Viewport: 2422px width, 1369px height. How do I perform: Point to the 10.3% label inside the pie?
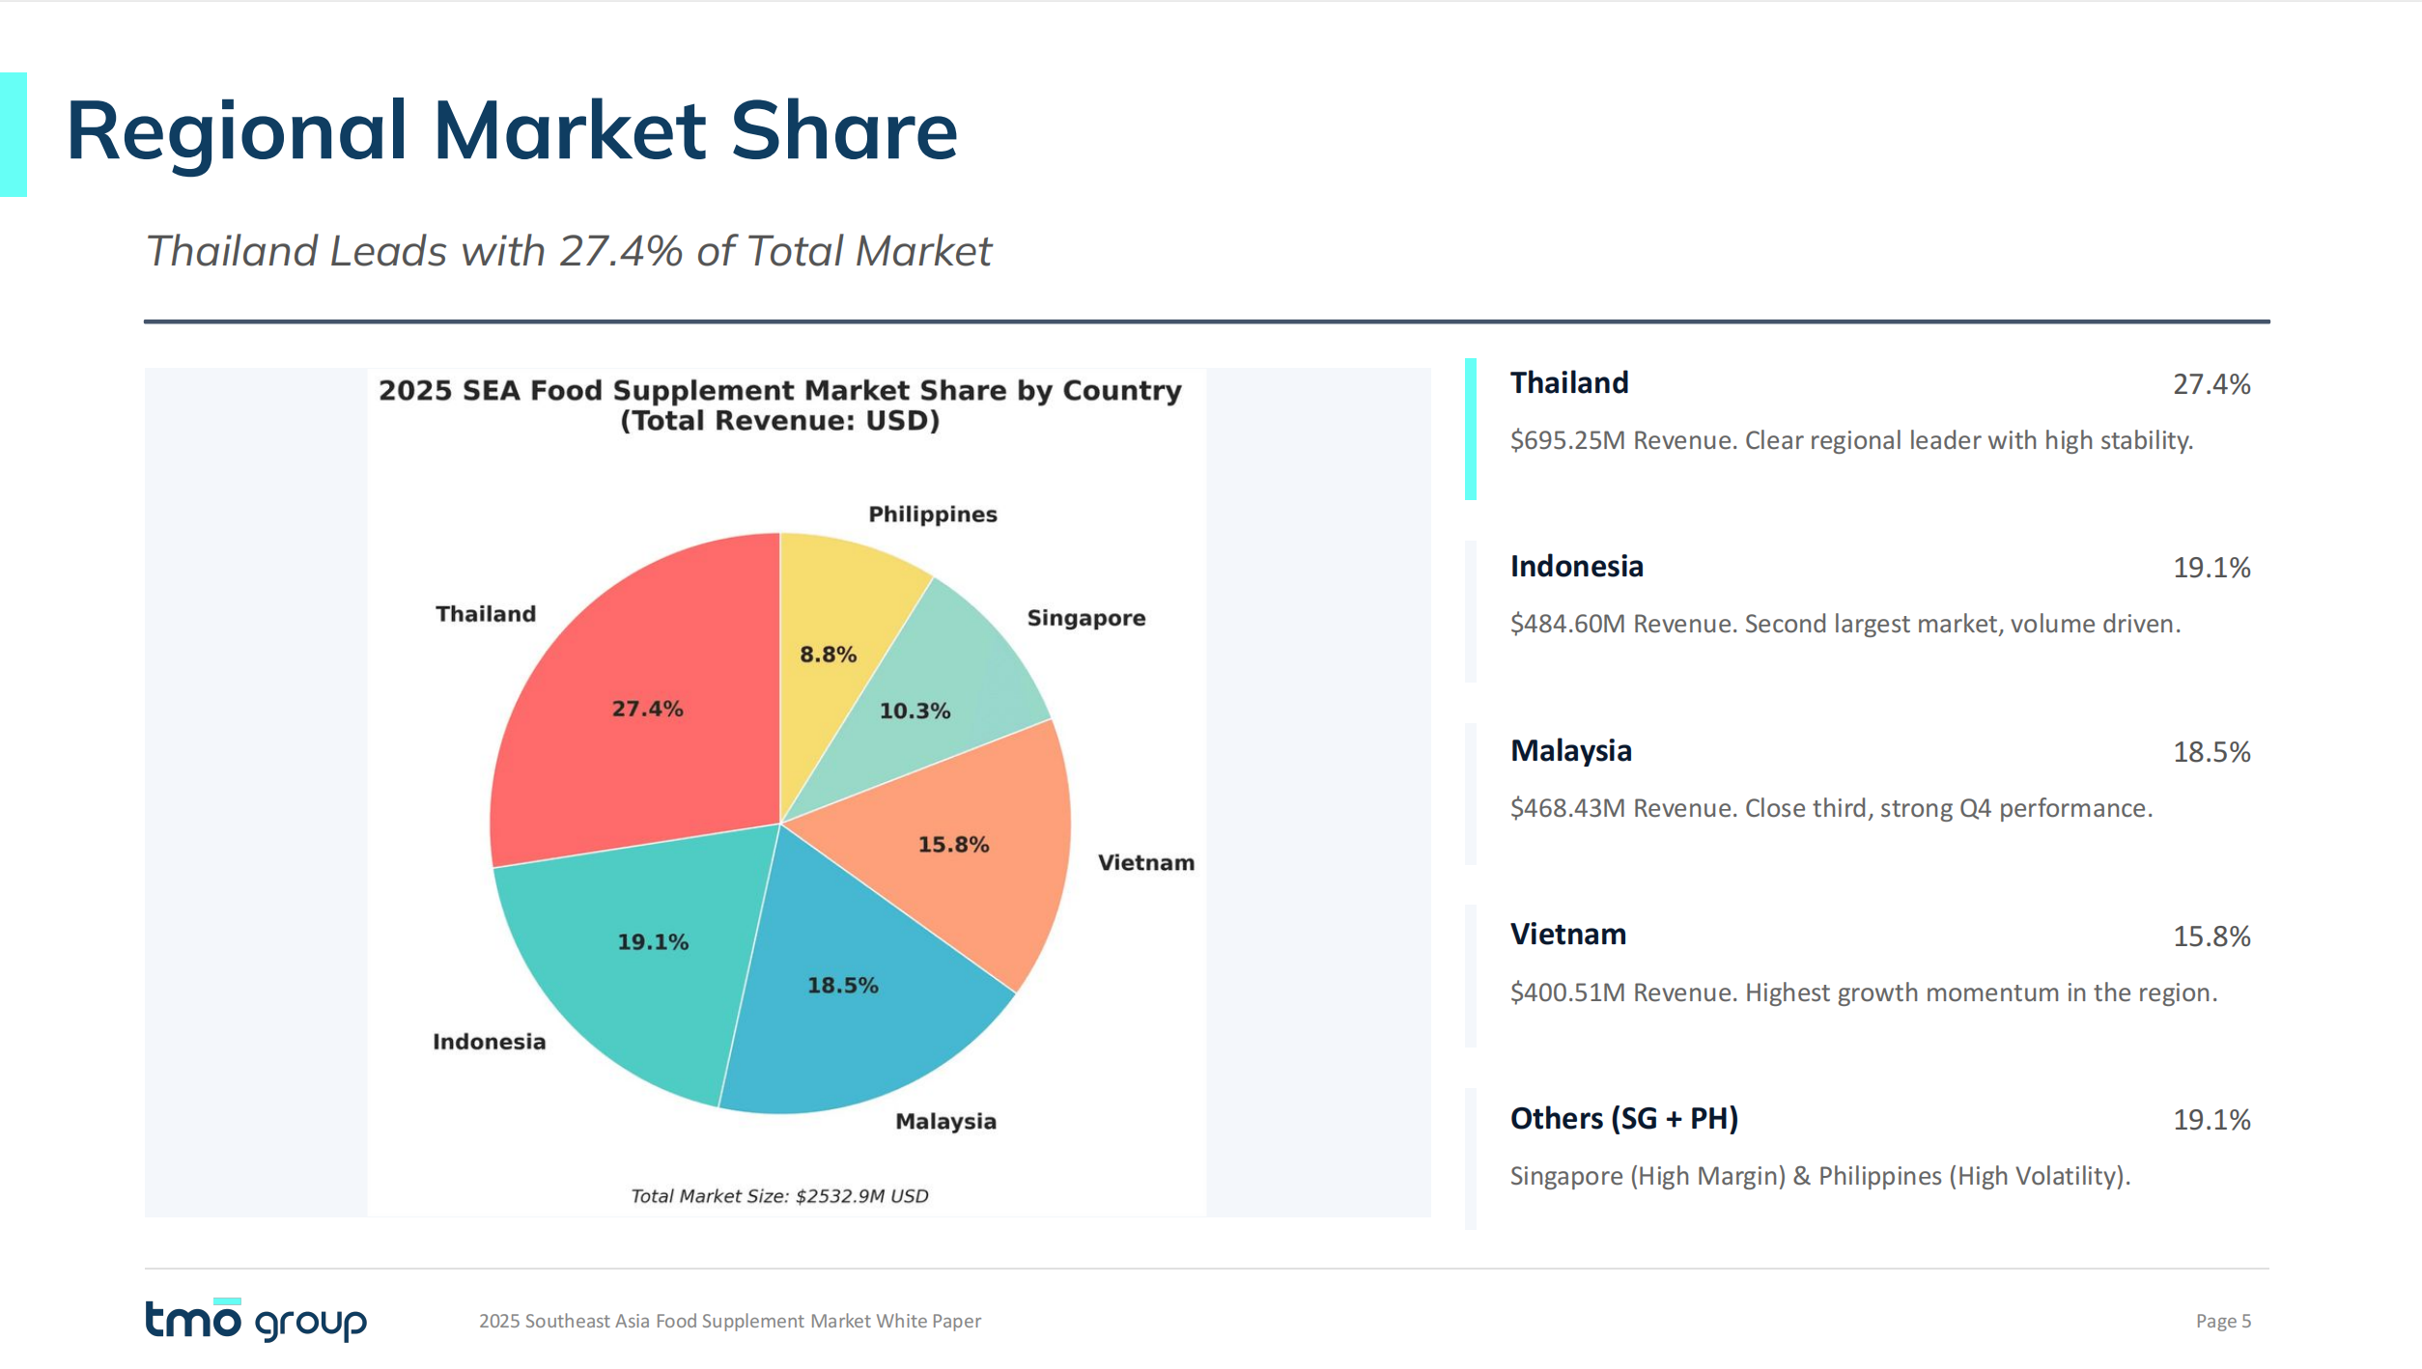(915, 712)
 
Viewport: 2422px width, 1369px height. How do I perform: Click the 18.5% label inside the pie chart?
(842, 986)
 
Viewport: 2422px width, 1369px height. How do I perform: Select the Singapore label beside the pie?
(1085, 618)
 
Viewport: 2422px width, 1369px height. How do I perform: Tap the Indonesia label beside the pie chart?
(489, 1042)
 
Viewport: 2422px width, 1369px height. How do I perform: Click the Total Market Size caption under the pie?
(779, 1196)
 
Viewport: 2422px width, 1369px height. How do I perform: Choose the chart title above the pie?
(779, 405)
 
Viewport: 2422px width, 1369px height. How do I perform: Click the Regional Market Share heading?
(512, 131)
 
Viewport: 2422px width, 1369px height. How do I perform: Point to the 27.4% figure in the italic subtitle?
(622, 252)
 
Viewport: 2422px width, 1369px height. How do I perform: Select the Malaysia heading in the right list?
(1570, 751)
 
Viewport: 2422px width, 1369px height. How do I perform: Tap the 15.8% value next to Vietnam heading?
(2211, 936)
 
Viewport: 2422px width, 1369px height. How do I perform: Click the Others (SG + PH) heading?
(1623, 1119)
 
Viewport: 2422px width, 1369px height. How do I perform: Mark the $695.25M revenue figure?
(1567, 441)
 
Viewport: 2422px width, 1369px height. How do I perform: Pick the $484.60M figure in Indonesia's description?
(1567, 625)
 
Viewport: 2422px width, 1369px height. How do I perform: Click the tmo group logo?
(256, 1320)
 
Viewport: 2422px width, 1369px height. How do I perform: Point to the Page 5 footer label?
(2222, 1321)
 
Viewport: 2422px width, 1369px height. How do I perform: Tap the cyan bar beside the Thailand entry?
(1470, 429)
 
